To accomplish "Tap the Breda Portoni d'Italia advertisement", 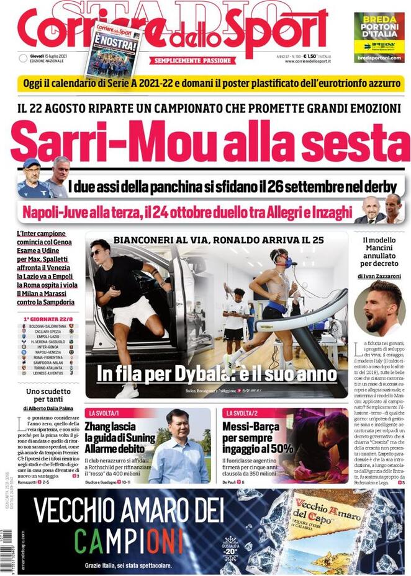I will point(379,37).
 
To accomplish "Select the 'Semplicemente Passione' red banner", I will point(194,61).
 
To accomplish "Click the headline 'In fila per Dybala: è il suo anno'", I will point(217,374).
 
